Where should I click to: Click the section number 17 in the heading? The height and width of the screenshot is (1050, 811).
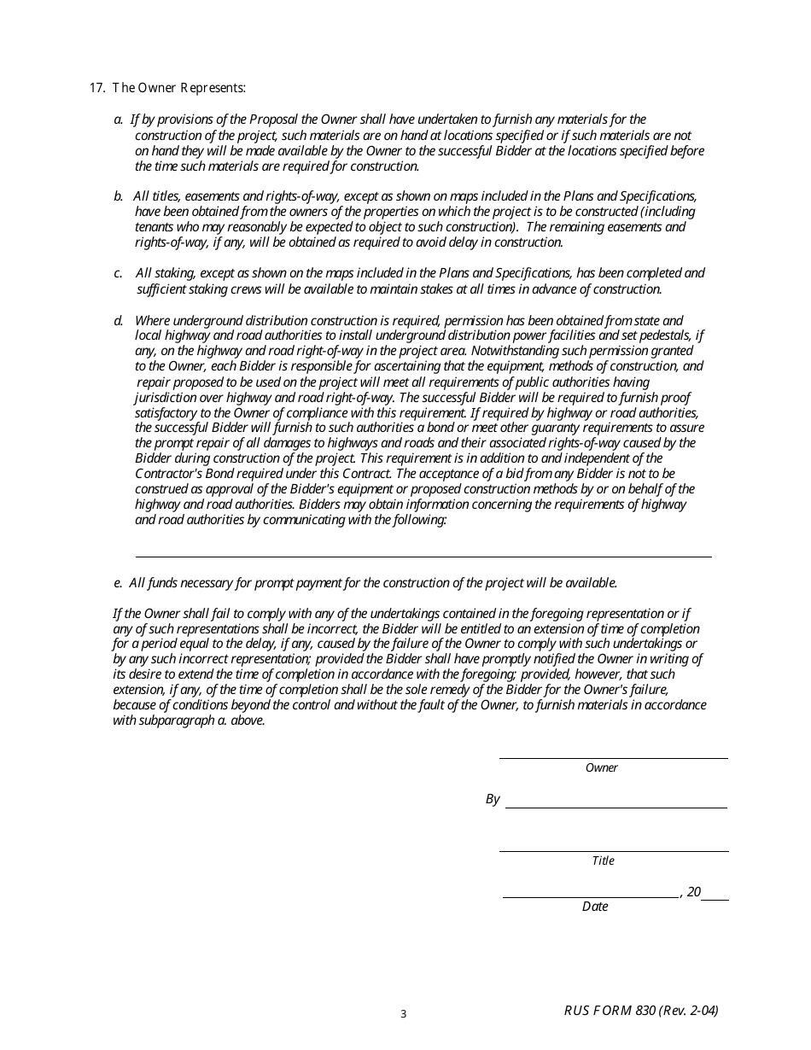pos(96,89)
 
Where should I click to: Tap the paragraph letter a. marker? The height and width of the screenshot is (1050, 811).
pos(119,120)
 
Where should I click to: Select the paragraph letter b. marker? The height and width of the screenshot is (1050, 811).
pos(119,196)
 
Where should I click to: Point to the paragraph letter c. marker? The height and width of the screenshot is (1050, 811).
pos(119,273)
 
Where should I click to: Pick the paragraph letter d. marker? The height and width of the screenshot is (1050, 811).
pos(119,320)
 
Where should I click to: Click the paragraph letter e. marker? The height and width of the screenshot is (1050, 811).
pos(119,583)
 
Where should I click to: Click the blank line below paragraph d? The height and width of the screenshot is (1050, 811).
pos(423,556)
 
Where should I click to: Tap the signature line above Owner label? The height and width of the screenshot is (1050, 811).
pos(613,757)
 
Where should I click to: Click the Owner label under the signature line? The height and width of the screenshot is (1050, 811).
pos(601,768)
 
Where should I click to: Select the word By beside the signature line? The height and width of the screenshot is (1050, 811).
pos(493,800)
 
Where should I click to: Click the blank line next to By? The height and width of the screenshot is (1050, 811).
pos(616,807)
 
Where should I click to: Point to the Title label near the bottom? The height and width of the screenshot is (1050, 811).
pos(603,861)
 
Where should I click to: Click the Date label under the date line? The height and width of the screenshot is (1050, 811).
pos(595,907)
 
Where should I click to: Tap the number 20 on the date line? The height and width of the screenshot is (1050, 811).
pos(693,892)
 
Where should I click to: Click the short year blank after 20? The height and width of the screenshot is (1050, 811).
pos(715,899)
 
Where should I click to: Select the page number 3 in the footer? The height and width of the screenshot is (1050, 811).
pos(404,1014)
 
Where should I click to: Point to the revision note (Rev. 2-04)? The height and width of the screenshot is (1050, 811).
pos(689,1011)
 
